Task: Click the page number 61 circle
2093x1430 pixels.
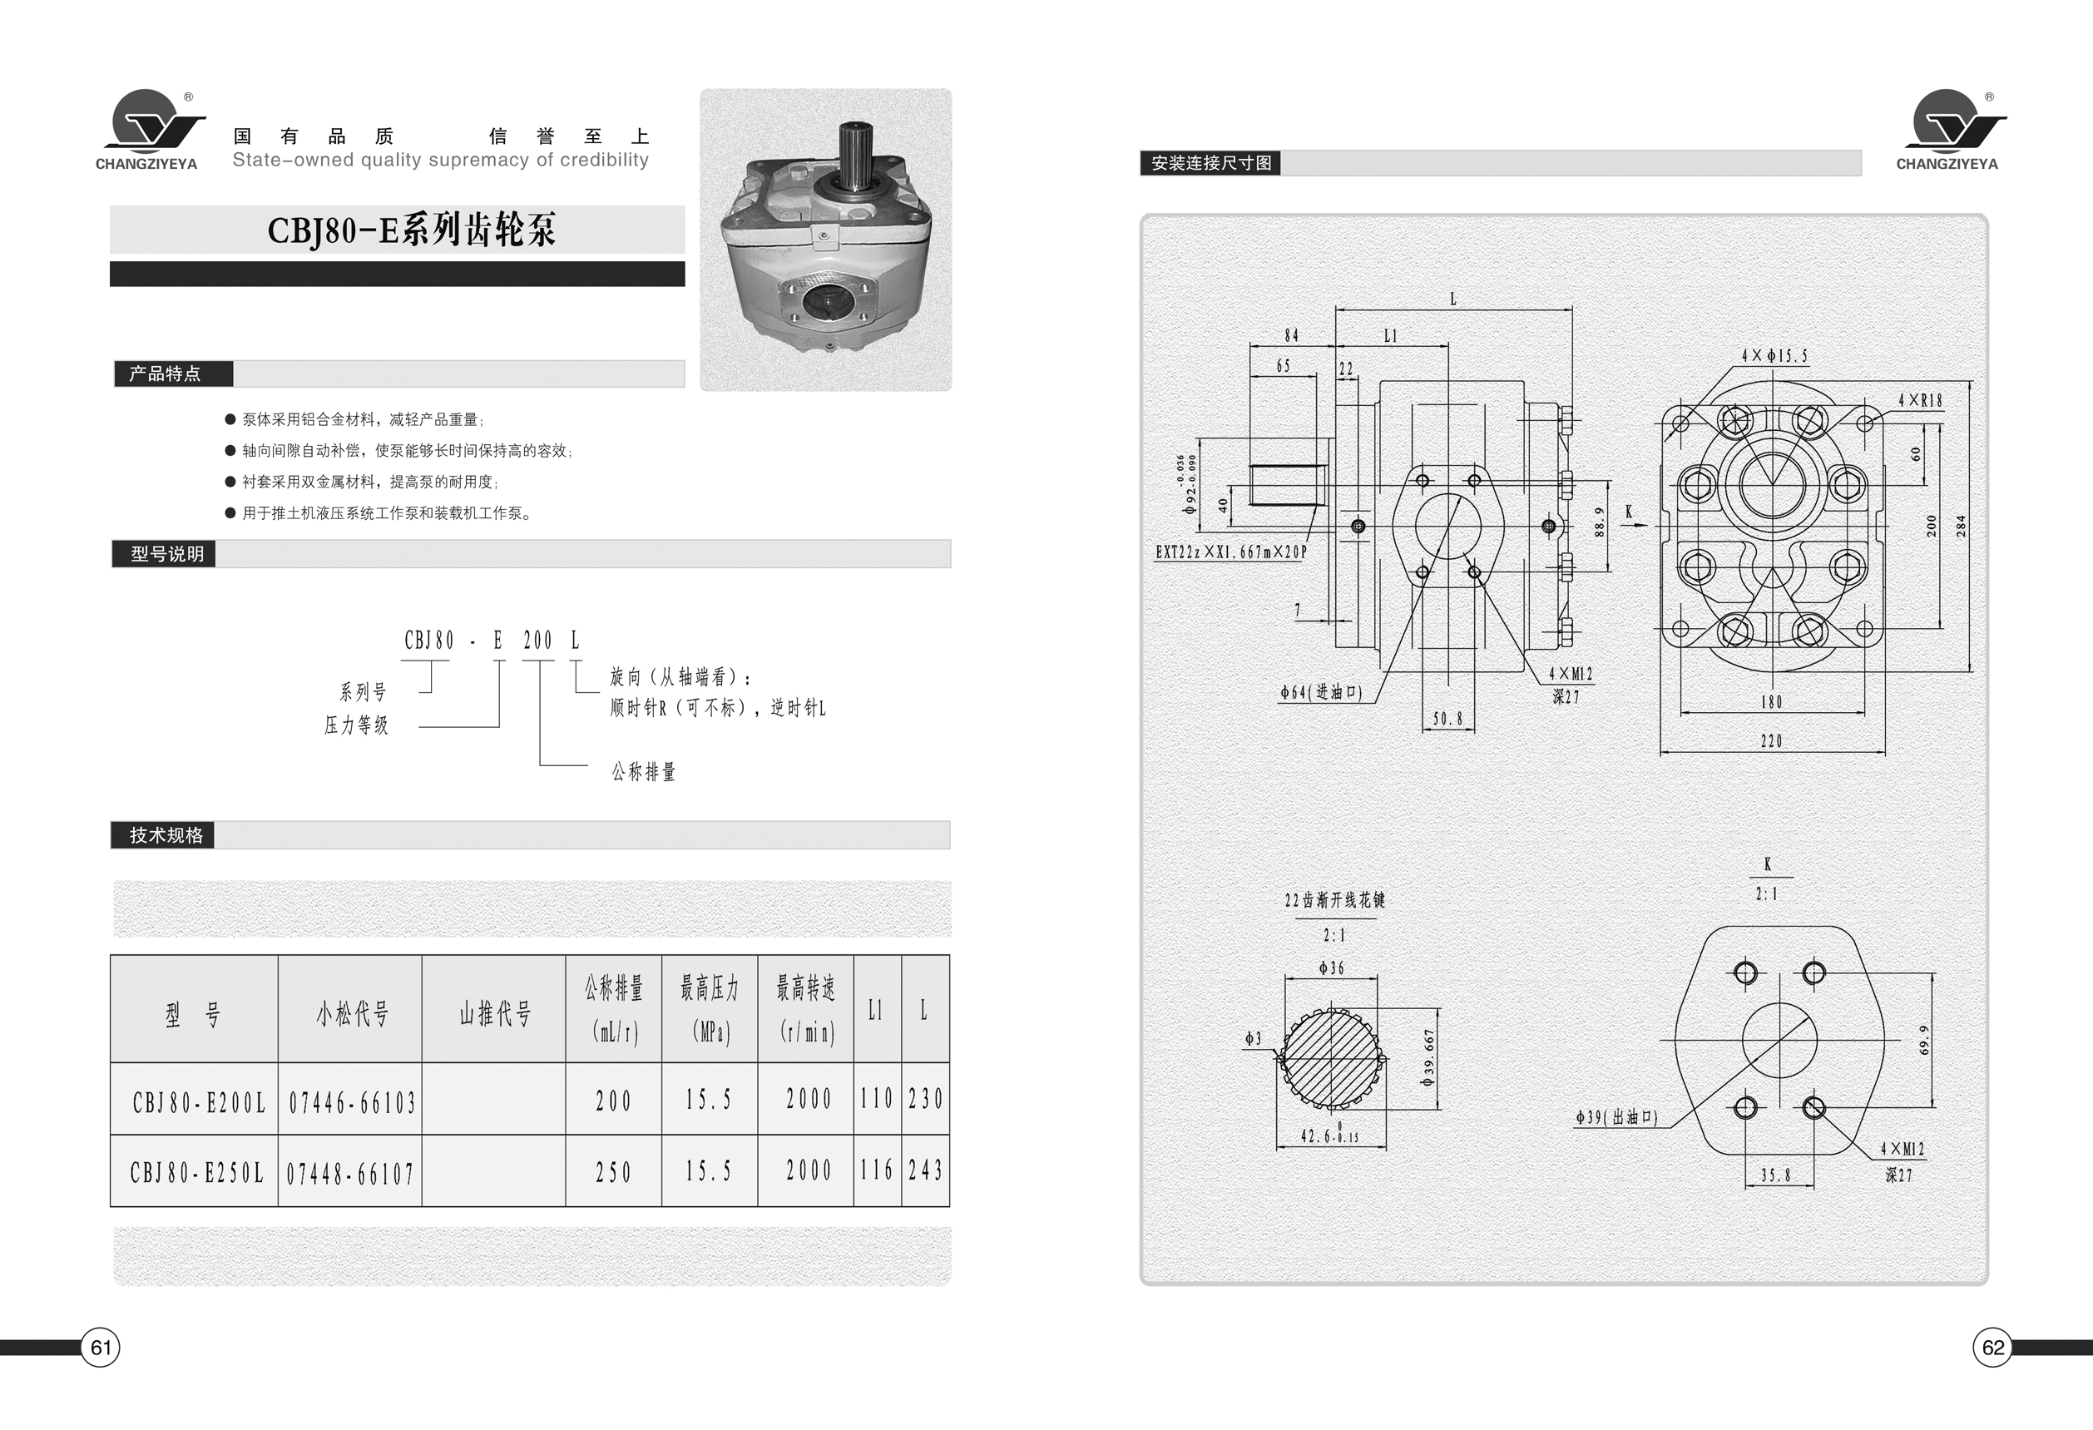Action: (100, 1347)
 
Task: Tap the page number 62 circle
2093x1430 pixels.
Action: (1993, 1347)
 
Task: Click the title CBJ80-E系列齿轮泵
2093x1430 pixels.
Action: (412, 230)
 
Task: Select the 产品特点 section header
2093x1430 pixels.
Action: (166, 374)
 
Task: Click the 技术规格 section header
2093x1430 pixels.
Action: (166, 834)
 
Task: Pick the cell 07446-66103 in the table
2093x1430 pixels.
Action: (351, 1101)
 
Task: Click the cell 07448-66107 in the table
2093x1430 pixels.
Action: (350, 1173)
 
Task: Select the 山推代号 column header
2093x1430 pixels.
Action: (494, 1014)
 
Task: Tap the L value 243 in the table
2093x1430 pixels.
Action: (925, 1170)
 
